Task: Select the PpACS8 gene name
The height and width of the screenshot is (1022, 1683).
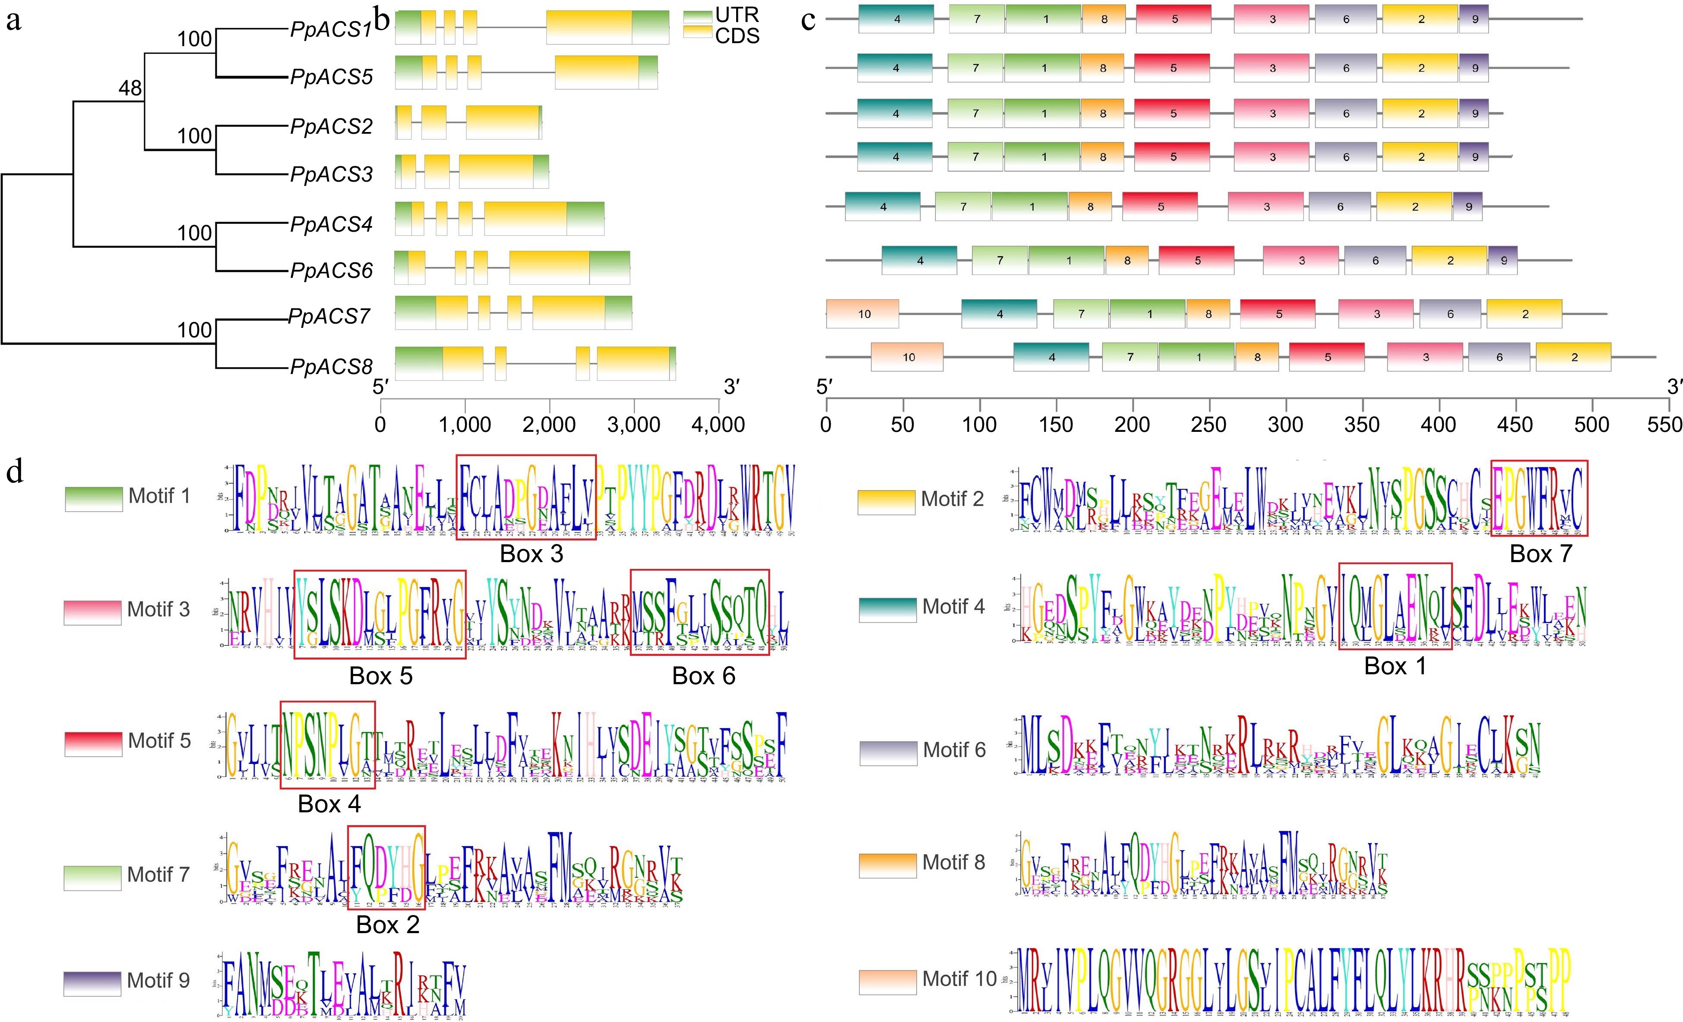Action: click(x=331, y=367)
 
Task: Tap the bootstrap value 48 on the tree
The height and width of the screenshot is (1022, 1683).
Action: click(x=130, y=88)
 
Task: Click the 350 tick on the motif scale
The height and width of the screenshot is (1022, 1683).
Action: click(x=1362, y=425)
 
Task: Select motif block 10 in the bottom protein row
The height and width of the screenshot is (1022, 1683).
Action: click(x=908, y=358)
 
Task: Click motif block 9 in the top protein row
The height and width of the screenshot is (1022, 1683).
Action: click(x=1474, y=19)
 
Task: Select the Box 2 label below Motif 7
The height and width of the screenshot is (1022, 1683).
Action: click(x=387, y=925)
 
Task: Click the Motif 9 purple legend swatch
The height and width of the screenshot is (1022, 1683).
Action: click(x=92, y=983)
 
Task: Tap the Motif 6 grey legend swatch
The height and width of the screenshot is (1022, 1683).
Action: click(x=888, y=752)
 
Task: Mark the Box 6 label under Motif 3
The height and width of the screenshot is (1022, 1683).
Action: click(x=703, y=676)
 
